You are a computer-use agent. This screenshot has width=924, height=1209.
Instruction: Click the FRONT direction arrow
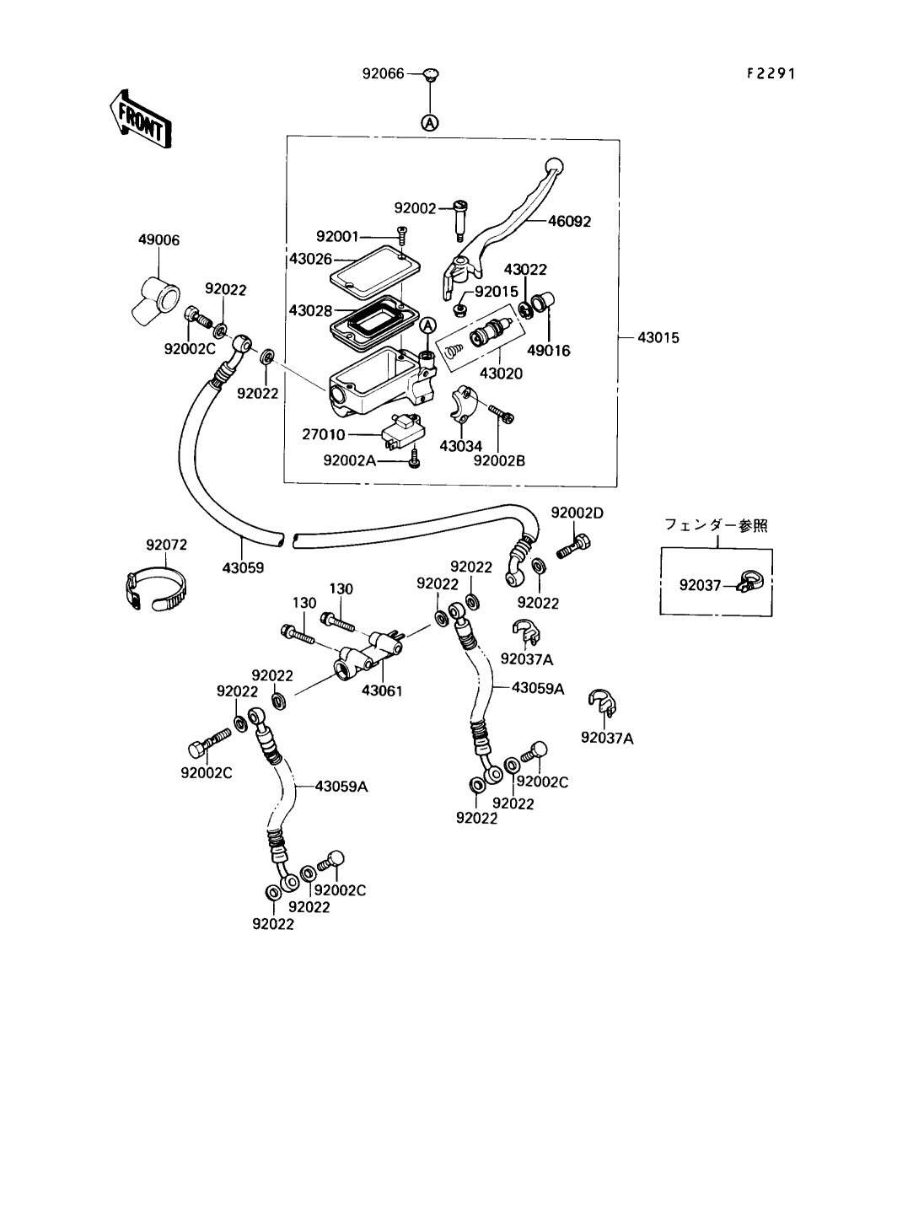point(140,119)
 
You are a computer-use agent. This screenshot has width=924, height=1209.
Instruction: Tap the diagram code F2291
point(771,73)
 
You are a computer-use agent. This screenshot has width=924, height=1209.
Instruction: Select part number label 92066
point(384,73)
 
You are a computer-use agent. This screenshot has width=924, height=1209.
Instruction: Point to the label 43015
point(658,337)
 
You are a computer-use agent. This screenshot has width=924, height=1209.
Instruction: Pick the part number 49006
point(158,240)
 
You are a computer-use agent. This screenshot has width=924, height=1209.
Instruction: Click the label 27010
point(324,434)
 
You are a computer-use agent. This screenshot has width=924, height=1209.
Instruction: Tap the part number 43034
point(460,446)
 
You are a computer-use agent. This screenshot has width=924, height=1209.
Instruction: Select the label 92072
point(166,545)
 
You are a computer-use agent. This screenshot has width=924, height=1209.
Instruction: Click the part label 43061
point(382,690)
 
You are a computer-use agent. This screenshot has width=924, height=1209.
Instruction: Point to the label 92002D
point(577,513)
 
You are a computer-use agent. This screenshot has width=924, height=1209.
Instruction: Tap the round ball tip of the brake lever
point(554,165)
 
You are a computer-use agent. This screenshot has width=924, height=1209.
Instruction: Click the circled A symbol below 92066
point(430,124)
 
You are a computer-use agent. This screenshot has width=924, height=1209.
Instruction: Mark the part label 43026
point(310,259)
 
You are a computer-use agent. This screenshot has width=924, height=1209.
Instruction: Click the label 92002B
point(499,460)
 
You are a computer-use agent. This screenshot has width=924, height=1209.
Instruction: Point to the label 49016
point(549,351)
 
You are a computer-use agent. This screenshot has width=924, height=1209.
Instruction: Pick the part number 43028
point(310,310)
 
